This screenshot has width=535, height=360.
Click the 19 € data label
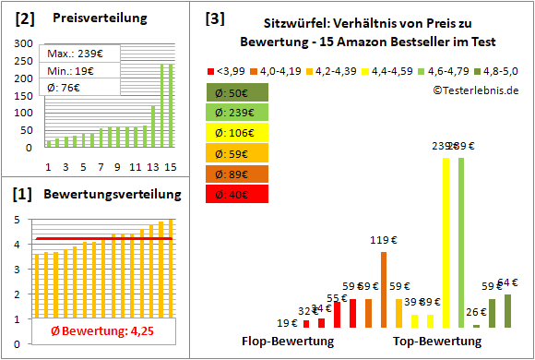pos(287,323)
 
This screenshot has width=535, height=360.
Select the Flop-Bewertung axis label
pos(288,341)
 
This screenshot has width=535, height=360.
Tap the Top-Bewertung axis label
pos(437,341)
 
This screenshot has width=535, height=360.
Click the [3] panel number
pos(214,18)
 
